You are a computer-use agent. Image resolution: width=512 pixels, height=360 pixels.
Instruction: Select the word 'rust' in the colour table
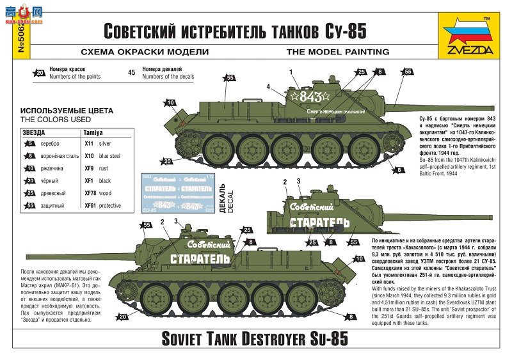105,168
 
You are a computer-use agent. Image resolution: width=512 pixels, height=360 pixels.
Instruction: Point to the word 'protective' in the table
110,205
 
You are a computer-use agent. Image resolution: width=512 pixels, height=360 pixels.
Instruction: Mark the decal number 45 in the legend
131,73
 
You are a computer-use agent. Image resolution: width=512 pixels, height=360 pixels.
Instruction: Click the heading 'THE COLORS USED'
55,120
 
